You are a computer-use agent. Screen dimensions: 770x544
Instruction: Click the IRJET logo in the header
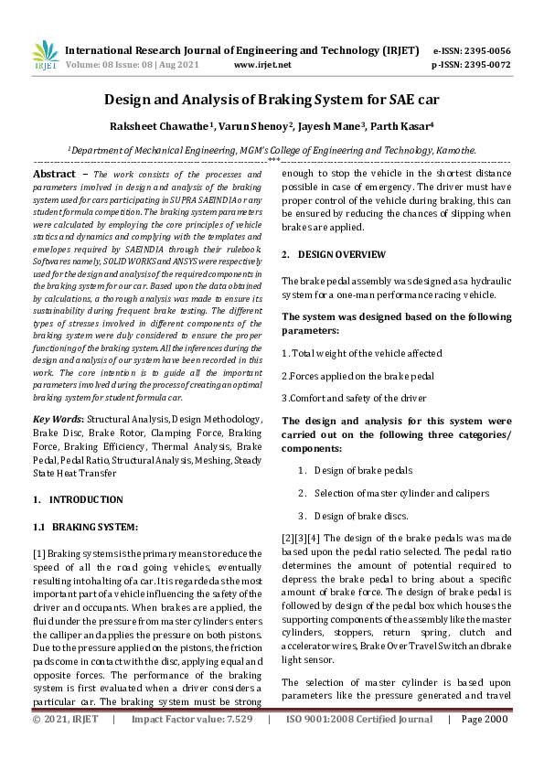pyautogui.click(x=45, y=57)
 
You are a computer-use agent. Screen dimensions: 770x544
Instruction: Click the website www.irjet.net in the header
pyautogui.click(x=262, y=65)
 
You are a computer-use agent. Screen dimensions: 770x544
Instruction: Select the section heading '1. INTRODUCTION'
pyautogui.click(x=78, y=499)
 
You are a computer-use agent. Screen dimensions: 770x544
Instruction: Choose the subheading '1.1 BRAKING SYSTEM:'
pyautogui.click(x=85, y=528)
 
